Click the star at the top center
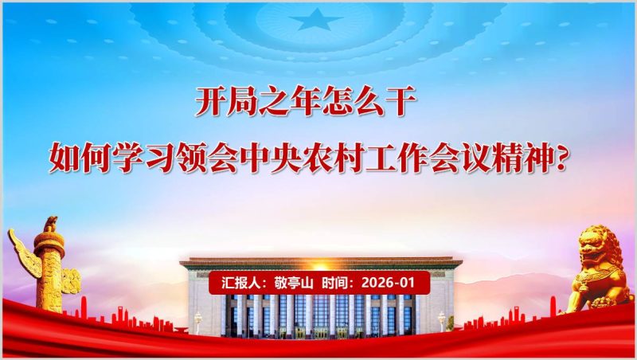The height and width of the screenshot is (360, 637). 316,18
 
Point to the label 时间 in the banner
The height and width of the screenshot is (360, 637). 338,283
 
